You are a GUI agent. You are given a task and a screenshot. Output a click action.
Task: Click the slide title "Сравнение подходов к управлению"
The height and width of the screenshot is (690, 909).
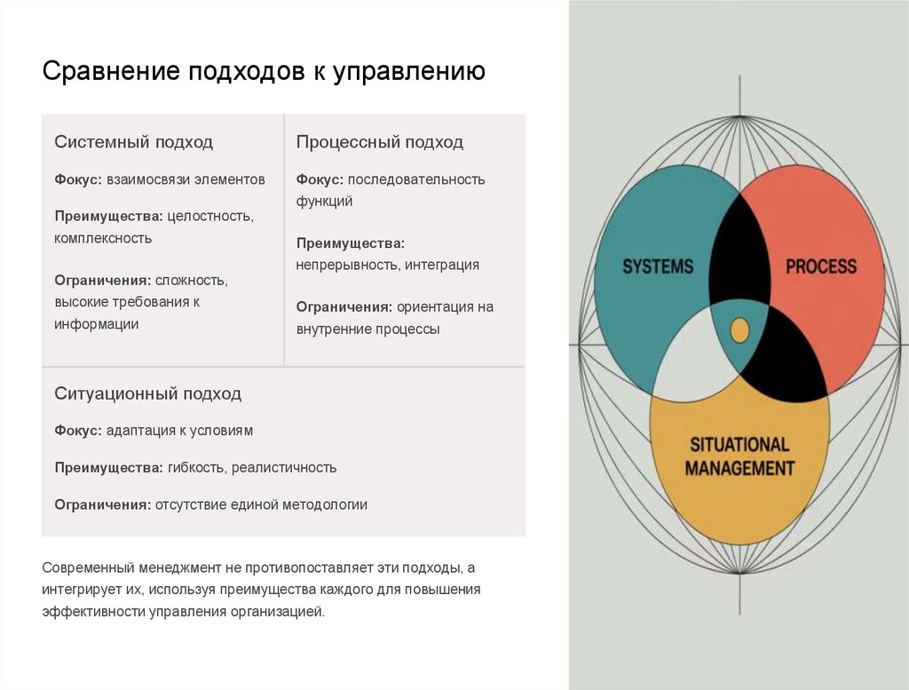[x=264, y=71]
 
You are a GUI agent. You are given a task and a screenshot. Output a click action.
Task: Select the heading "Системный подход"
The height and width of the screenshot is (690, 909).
[x=133, y=142]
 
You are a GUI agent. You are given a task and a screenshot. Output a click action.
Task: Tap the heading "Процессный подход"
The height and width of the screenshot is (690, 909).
[x=379, y=142]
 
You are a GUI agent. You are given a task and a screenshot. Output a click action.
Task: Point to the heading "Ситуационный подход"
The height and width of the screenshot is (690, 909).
[x=147, y=393]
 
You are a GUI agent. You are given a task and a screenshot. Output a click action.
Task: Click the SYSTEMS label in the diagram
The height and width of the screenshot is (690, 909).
[x=658, y=266]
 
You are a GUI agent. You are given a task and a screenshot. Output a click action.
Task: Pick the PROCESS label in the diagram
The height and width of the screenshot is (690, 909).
[x=821, y=266]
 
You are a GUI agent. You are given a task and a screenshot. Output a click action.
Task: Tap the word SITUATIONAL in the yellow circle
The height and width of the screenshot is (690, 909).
[x=739, y=445]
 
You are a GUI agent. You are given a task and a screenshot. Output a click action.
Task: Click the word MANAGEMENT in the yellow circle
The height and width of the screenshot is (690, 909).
[x=739, y=467]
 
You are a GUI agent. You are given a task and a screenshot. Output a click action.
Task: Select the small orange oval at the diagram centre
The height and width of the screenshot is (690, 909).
[x=739, y=330]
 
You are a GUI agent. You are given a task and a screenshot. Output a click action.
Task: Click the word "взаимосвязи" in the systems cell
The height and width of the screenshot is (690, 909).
[x=147, y=179]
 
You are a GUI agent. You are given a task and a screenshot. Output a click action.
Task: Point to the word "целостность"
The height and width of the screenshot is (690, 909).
[x=210, y=216]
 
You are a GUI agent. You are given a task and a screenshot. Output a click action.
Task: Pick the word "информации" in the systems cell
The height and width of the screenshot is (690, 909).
[x=97, y=324]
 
